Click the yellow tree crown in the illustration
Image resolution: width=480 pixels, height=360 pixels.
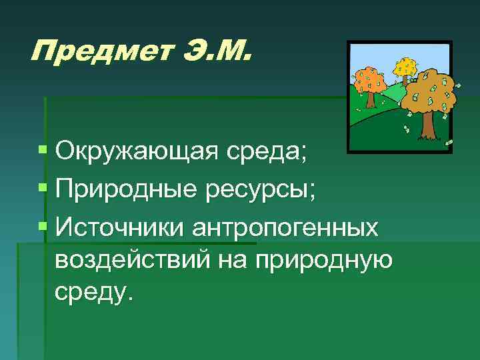[406, 66]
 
